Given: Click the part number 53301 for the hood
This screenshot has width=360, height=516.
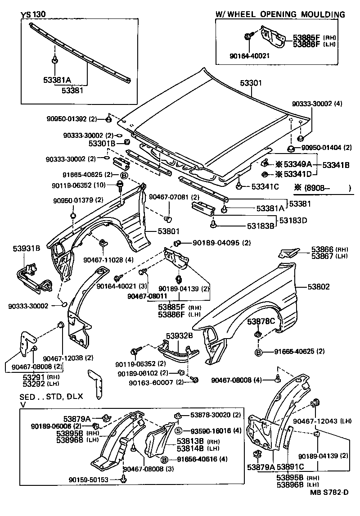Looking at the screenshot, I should (x=251, y=83).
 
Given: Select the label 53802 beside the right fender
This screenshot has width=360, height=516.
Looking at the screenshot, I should (x=319, y=286).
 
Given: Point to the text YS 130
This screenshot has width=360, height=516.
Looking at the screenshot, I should (x=33, y=14).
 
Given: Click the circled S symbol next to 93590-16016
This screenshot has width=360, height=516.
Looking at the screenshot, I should (x=178, y=430).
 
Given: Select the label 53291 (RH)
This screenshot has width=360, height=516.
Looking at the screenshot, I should (x=35, y=377).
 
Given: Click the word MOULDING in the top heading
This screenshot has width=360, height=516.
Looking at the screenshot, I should (x=323, y=14).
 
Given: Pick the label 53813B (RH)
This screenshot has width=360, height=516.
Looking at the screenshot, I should (x=191, y=441).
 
